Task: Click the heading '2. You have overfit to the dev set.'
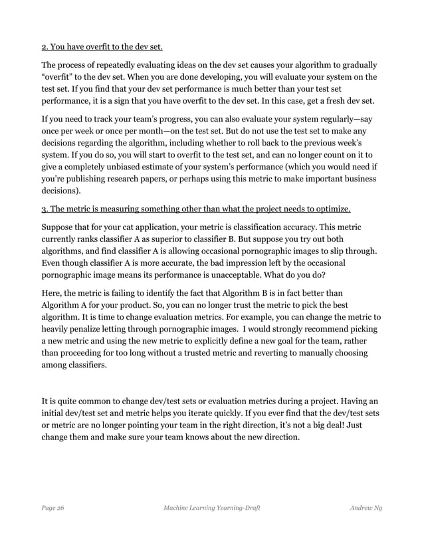point(102,47)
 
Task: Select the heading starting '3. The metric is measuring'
point(196,209)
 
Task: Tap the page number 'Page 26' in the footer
point(53,508)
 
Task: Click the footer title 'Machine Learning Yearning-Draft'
point(211,508)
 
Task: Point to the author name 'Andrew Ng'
point(366,508)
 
